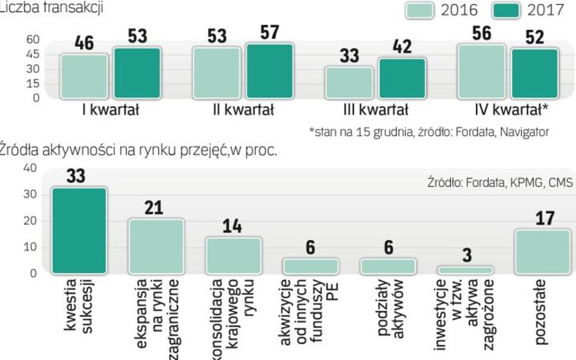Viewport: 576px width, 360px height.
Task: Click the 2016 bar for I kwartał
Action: coord(84,76)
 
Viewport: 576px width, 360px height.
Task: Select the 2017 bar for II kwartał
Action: coord(270,71)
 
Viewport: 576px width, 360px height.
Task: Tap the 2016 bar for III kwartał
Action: coord(349,83)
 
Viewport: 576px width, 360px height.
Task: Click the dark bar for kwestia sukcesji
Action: coord(79,231)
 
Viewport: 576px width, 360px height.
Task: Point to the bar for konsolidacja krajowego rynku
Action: coord(233,255)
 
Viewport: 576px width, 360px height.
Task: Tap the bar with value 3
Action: coord(465,270)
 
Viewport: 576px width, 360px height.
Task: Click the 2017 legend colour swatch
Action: coord(503,10)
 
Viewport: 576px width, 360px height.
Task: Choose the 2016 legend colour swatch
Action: coord(418,10)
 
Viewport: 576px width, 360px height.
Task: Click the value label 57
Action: coord(270,33)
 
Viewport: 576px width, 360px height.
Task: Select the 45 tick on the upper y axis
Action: coord(32,55)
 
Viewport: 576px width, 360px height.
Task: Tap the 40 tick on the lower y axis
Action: coord(30,168)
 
